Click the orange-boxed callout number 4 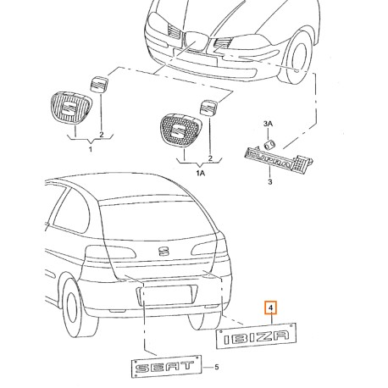[x=270, y=308]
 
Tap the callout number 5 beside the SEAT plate [x=216, y=367]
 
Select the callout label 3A [x=268, y=124]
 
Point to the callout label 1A [x=201, y=173]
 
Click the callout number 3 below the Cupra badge [x=270, y=181]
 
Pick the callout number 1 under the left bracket [x=91, y=149]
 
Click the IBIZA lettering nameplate [x=256, y=336]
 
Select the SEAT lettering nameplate [x=167, y=367]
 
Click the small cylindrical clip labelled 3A [x=269, y=144]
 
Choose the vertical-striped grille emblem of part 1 [x=70, y=107]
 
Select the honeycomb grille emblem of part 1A [x=180, y=130]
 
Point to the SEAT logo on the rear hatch [x=163, y=251]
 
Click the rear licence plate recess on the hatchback [x=167, y=295]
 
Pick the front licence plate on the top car [x=195, y=57]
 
